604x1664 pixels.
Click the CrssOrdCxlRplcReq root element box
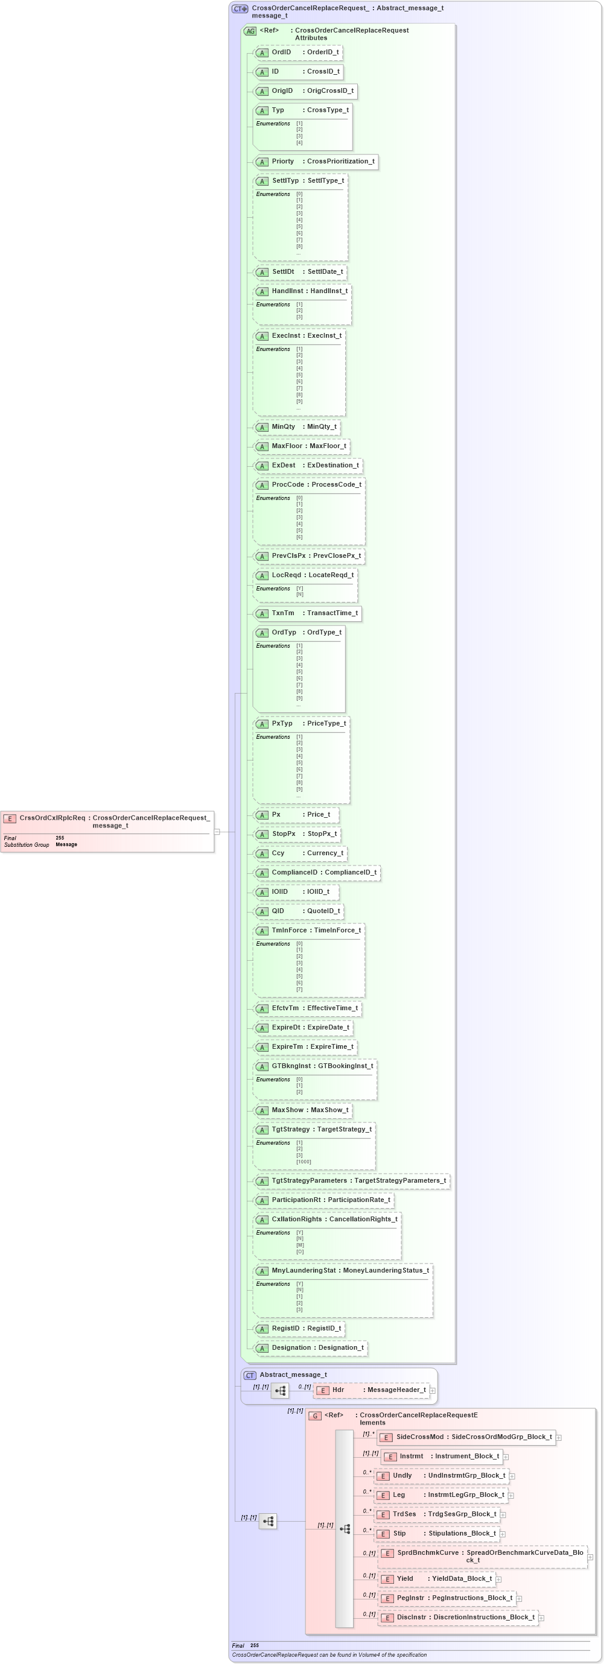(x=107, y=821)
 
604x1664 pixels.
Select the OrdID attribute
(x=298, y=52)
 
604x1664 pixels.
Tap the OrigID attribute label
(x=282, y=91)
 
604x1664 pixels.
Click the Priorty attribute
(x=315, y=162)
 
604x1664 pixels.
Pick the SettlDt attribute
(x=300, y=272)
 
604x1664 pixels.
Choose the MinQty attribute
(x=296, y=427)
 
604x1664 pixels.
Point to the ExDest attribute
(x=308, y=465)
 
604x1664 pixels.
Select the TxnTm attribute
(x=307, y=613)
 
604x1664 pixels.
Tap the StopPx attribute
(x=297, y=834)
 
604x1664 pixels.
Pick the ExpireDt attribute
(x=303, y=1027)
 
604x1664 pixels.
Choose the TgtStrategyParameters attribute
(x=351, y=1181)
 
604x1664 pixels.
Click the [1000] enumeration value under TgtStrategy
(x=304, y=1162)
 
